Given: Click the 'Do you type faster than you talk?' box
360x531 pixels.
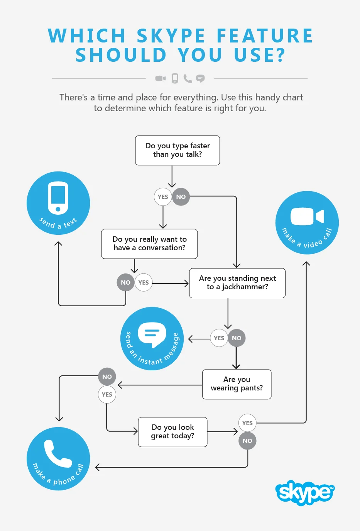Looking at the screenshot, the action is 177,150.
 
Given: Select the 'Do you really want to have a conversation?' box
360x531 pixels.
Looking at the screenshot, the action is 149,244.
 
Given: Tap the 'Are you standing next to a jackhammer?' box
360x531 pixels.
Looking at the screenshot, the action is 237,283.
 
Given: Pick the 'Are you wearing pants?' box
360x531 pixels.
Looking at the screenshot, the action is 237,384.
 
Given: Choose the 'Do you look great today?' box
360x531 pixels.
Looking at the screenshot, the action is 172,432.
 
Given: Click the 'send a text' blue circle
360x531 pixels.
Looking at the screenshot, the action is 58,203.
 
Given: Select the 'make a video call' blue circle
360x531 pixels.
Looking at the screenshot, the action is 307,223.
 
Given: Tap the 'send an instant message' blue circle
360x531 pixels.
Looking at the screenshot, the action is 152,339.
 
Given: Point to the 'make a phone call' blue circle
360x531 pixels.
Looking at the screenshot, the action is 58,459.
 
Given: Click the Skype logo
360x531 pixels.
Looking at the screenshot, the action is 305,493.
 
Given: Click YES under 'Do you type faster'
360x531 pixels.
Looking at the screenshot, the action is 163,197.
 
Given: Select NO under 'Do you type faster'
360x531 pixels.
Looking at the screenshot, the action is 181,197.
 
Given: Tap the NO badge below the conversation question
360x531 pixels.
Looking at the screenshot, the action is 125,282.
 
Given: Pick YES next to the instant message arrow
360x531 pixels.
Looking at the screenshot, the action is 219,338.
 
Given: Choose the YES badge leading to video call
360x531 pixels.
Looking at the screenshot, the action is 247,423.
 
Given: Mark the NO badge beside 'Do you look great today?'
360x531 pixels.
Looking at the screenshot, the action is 247,441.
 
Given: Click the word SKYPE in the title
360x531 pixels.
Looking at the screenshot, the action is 171,36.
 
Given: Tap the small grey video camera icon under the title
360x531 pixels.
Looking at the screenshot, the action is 161,78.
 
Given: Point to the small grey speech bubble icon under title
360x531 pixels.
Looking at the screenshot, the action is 200,78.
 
